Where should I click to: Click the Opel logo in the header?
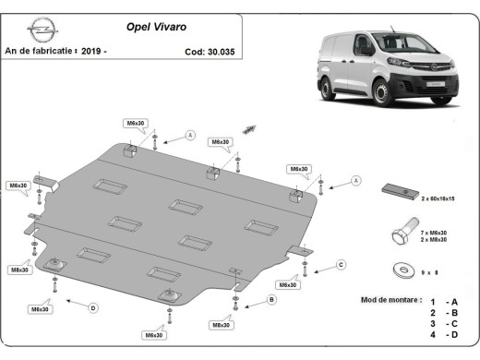[x=36, y=30]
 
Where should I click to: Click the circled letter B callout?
[x=271, y=300]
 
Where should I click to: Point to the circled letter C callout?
[x=340, y=265]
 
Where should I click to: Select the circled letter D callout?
[x=92, y=308]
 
